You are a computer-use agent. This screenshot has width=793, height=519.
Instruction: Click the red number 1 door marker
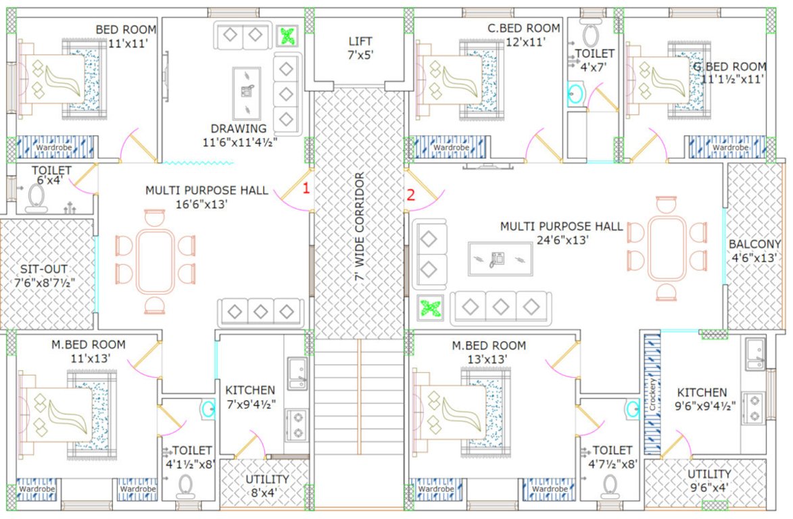[306, 189]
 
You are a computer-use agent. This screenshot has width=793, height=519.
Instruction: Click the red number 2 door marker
[410, 196]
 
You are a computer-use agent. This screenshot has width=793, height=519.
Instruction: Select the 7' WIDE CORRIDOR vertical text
[360, 227]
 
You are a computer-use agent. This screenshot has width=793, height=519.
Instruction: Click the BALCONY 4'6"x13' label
[754, 251]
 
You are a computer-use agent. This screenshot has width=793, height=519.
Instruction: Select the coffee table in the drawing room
[244, 92]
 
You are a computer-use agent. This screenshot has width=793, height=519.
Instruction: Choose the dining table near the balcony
[667, 248]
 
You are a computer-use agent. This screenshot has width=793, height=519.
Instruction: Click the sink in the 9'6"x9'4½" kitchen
[756, 354]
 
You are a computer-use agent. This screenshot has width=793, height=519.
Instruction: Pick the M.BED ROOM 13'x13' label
[479, 352]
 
